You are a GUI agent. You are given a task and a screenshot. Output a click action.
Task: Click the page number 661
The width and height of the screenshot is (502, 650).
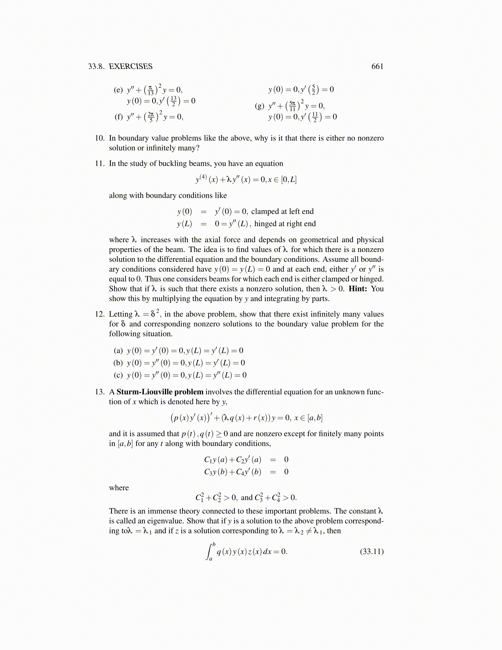coord(377,66)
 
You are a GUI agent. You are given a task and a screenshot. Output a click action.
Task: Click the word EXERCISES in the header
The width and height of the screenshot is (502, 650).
coord(130,66)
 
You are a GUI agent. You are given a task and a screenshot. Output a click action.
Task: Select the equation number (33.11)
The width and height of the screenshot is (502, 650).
coord(372,552)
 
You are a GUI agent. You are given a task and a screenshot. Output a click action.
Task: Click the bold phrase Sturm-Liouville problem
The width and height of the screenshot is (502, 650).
coord(160,392)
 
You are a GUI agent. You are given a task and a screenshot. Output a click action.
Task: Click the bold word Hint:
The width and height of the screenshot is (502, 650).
coord(358,289)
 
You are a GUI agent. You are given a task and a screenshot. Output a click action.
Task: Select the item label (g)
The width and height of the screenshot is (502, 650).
coord(260,106)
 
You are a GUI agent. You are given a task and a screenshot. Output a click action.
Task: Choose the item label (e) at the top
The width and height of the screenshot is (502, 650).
coord(118,90)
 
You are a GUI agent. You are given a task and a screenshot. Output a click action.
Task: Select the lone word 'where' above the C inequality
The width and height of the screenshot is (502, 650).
coord(119,488)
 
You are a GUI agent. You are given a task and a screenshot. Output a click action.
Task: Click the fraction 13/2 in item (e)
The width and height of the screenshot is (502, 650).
coord(173,101)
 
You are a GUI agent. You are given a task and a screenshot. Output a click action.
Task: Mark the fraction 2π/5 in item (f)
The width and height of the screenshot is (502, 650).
coord(151,117)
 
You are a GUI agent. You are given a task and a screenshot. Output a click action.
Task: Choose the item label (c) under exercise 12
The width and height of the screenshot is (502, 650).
coord(118,375)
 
